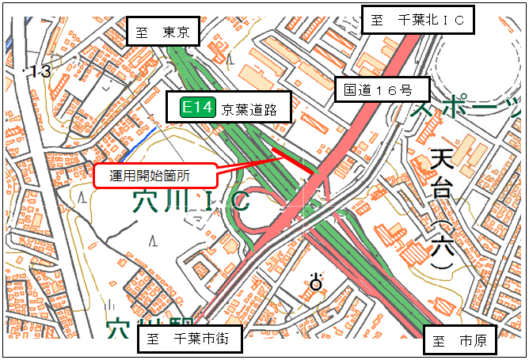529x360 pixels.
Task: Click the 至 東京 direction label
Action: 162,32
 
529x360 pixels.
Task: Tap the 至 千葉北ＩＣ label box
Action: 417,20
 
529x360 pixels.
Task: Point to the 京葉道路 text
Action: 249,109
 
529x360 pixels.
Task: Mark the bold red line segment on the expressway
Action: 294,158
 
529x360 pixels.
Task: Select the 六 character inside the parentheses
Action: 443,245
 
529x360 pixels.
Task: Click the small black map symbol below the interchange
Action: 318,281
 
